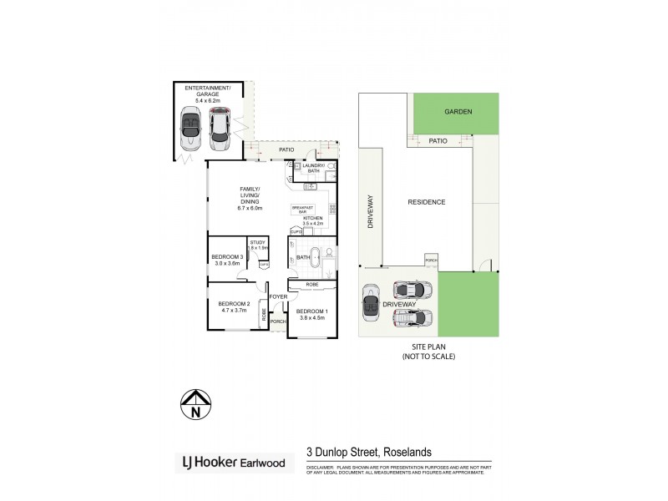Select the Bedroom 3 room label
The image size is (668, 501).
tap(226, 260)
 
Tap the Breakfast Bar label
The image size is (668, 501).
tap(302, 210)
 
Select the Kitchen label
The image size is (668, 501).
tap(312, 221)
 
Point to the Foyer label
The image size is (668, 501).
tap(278, 296)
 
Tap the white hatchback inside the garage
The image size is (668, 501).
tap(220, 128)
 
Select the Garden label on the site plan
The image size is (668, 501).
tap(458, 111)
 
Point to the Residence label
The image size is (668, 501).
tap(426, 202)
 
